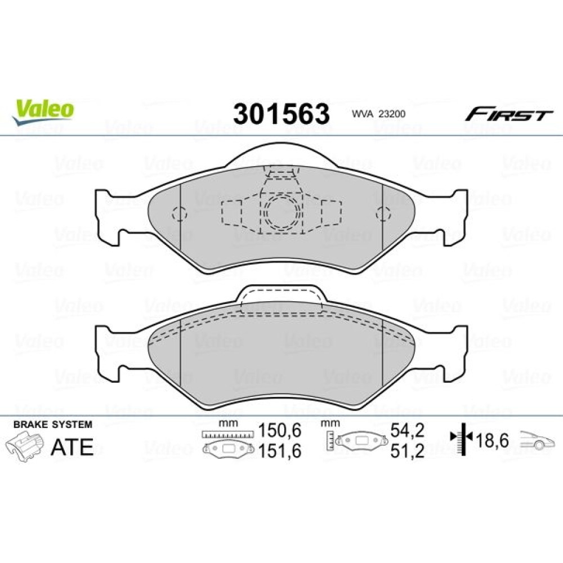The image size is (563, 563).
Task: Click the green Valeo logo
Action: click(43, 111)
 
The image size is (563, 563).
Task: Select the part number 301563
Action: click(281, 114)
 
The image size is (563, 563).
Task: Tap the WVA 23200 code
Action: click(378, 114)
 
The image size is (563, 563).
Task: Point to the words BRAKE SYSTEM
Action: click(53, 425)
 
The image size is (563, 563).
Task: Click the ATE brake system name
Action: click(72, 446)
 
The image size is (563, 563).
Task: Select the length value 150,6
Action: click(280, 430)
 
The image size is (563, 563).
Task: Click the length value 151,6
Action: click(280, 451)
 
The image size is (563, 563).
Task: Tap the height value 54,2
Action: click(408, 430)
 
